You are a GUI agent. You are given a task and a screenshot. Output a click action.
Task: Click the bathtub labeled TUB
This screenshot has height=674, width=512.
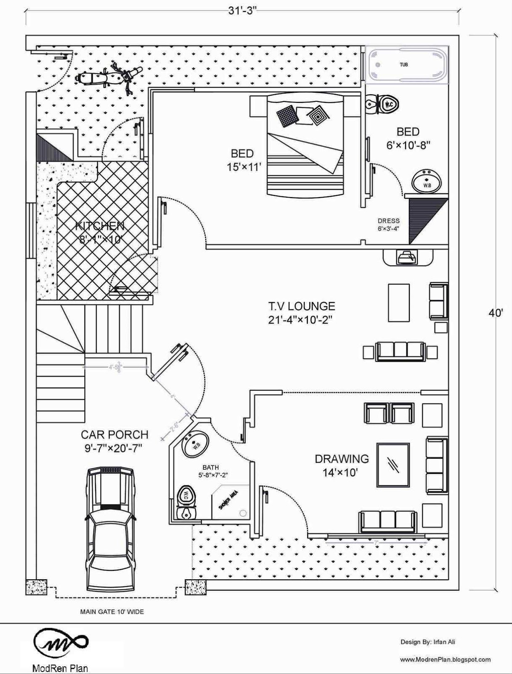[407, 65]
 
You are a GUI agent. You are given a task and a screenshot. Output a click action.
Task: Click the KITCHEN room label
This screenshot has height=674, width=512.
[100, 226]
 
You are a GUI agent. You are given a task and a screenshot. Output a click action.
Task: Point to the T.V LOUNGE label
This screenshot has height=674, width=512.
[301, 306]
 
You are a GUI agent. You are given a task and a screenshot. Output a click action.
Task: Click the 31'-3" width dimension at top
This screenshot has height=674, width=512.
[242, 11]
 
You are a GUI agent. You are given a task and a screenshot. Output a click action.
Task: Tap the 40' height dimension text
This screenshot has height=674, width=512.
[496, 313]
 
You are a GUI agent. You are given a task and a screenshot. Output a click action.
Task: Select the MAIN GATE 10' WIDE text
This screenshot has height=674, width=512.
[112, 611]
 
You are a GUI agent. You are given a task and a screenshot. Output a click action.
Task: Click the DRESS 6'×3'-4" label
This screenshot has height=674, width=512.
[388, 225]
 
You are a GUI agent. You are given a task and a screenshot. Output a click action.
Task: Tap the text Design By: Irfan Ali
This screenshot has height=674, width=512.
[427, 642]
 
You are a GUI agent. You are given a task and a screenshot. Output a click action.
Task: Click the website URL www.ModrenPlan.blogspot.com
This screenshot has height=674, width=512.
[445, 660]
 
